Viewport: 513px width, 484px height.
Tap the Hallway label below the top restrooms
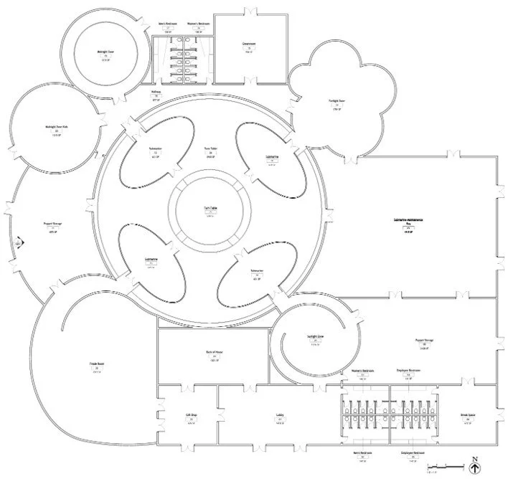click(x=156, y=92)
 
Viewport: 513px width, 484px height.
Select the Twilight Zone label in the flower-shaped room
click(x=337, y=102)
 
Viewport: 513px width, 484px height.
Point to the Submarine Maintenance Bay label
click(x=408, y=221)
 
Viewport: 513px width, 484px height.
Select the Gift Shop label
click(x=192, y=415)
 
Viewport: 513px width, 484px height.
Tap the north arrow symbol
click(x=475, y=469)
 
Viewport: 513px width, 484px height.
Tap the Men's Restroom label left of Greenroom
click(x=168, y=24)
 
